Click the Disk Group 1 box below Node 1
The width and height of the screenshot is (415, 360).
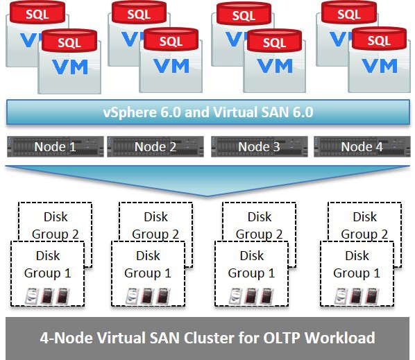tap(47, 264)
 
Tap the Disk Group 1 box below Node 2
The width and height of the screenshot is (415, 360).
tap(148, 264)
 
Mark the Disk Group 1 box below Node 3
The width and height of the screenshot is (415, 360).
tap(251, 264)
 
